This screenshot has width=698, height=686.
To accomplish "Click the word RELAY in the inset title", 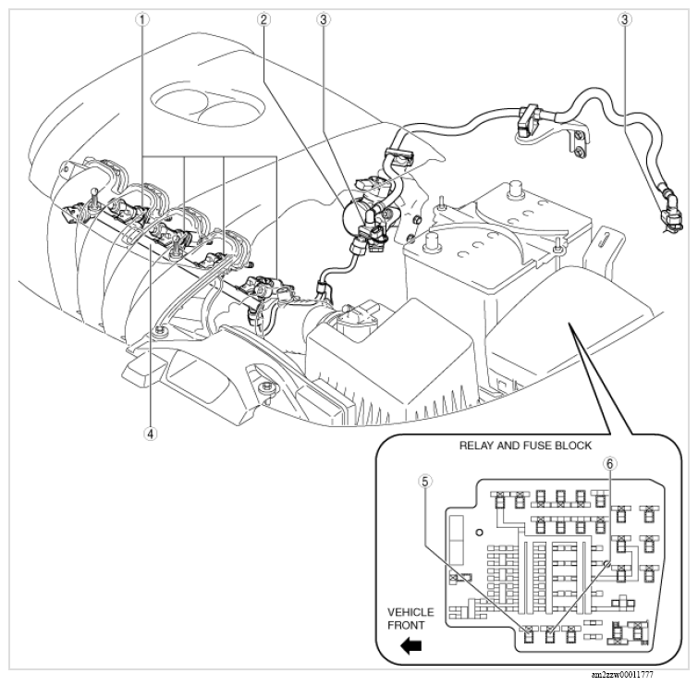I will click(x=481, y=445).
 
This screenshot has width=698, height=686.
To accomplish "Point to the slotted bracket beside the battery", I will click(x=607, y=242).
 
